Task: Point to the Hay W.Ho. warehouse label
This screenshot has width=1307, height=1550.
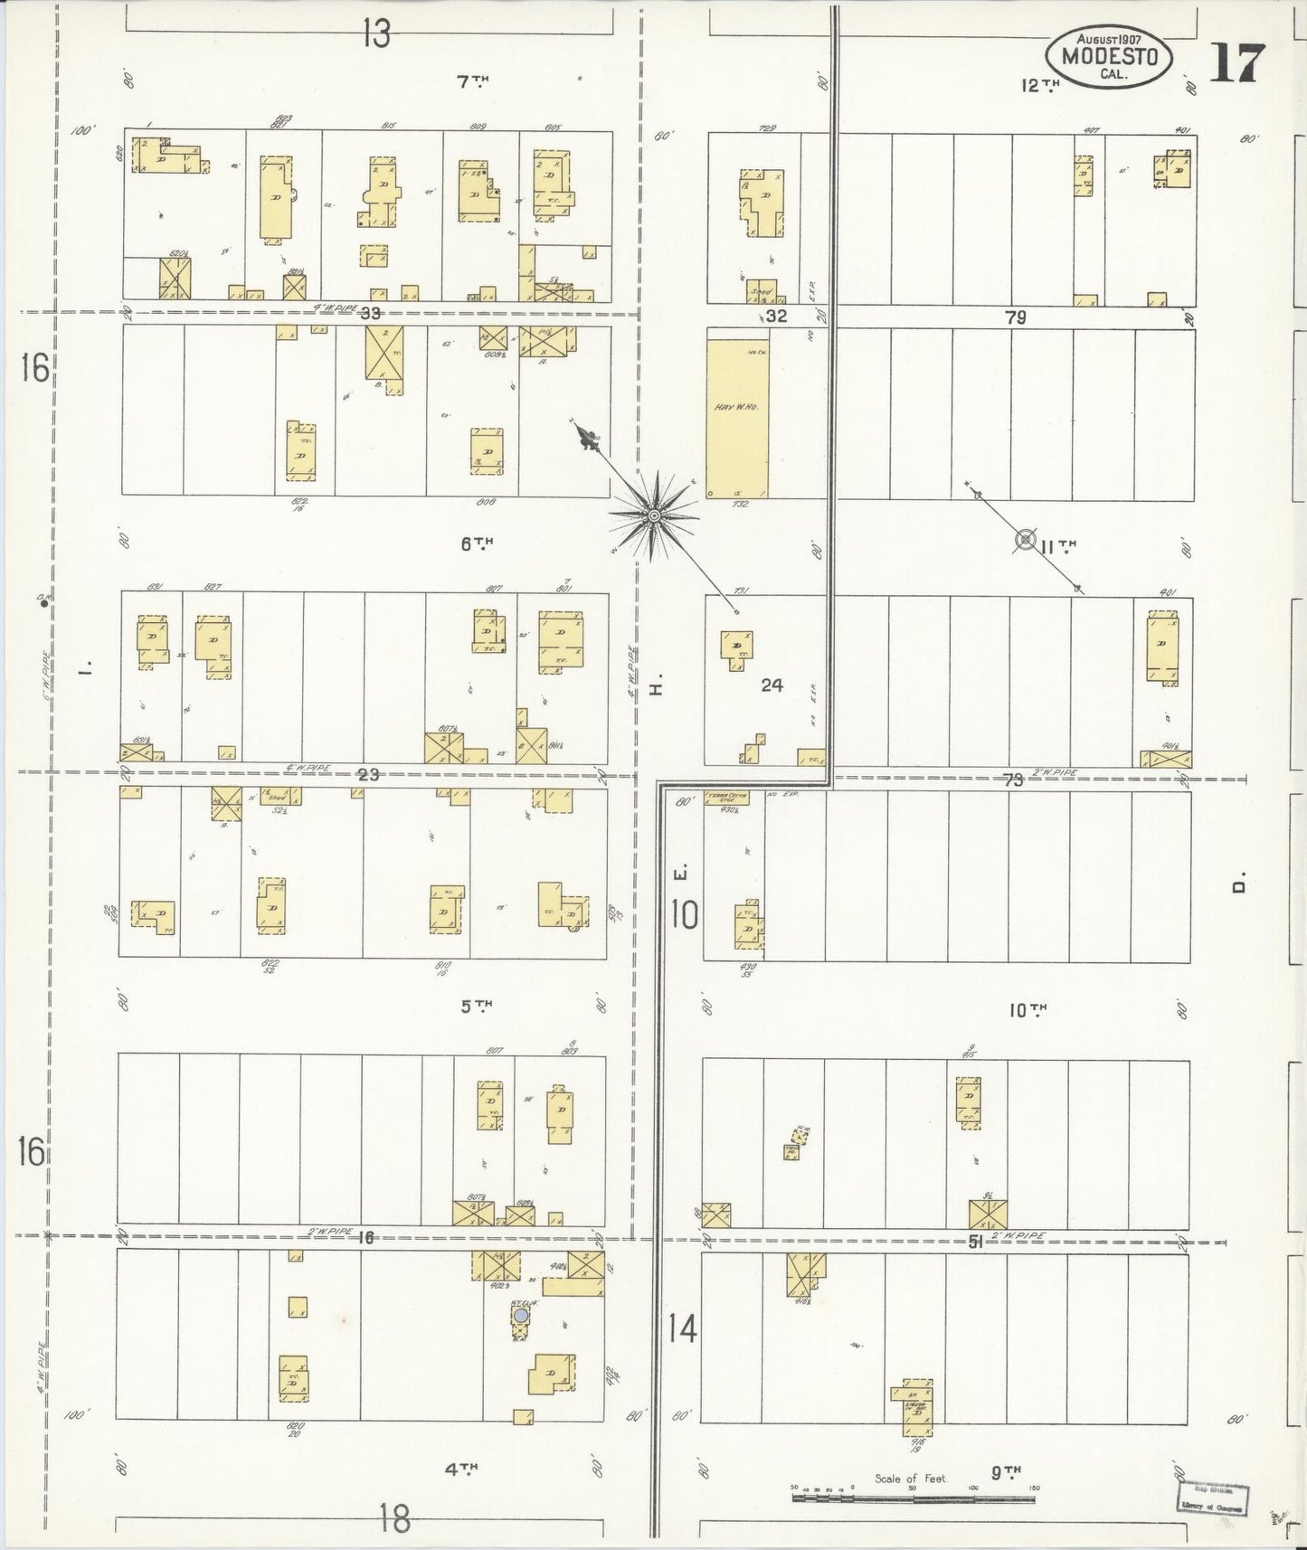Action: point(736,407)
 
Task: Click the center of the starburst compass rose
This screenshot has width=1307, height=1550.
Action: point(652,515)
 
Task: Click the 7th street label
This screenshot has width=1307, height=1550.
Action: point(472,82)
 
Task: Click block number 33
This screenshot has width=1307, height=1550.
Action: point(369,315)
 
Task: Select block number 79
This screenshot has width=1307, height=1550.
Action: point(1015,317)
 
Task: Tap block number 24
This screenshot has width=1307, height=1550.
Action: point(772,685)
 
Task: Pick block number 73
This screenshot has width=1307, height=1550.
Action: point(1013,780)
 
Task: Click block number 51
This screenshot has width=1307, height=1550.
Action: point(976,1243)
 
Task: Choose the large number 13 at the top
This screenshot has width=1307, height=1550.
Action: point(376,34)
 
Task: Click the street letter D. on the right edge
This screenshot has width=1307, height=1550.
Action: point(1241,883)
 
